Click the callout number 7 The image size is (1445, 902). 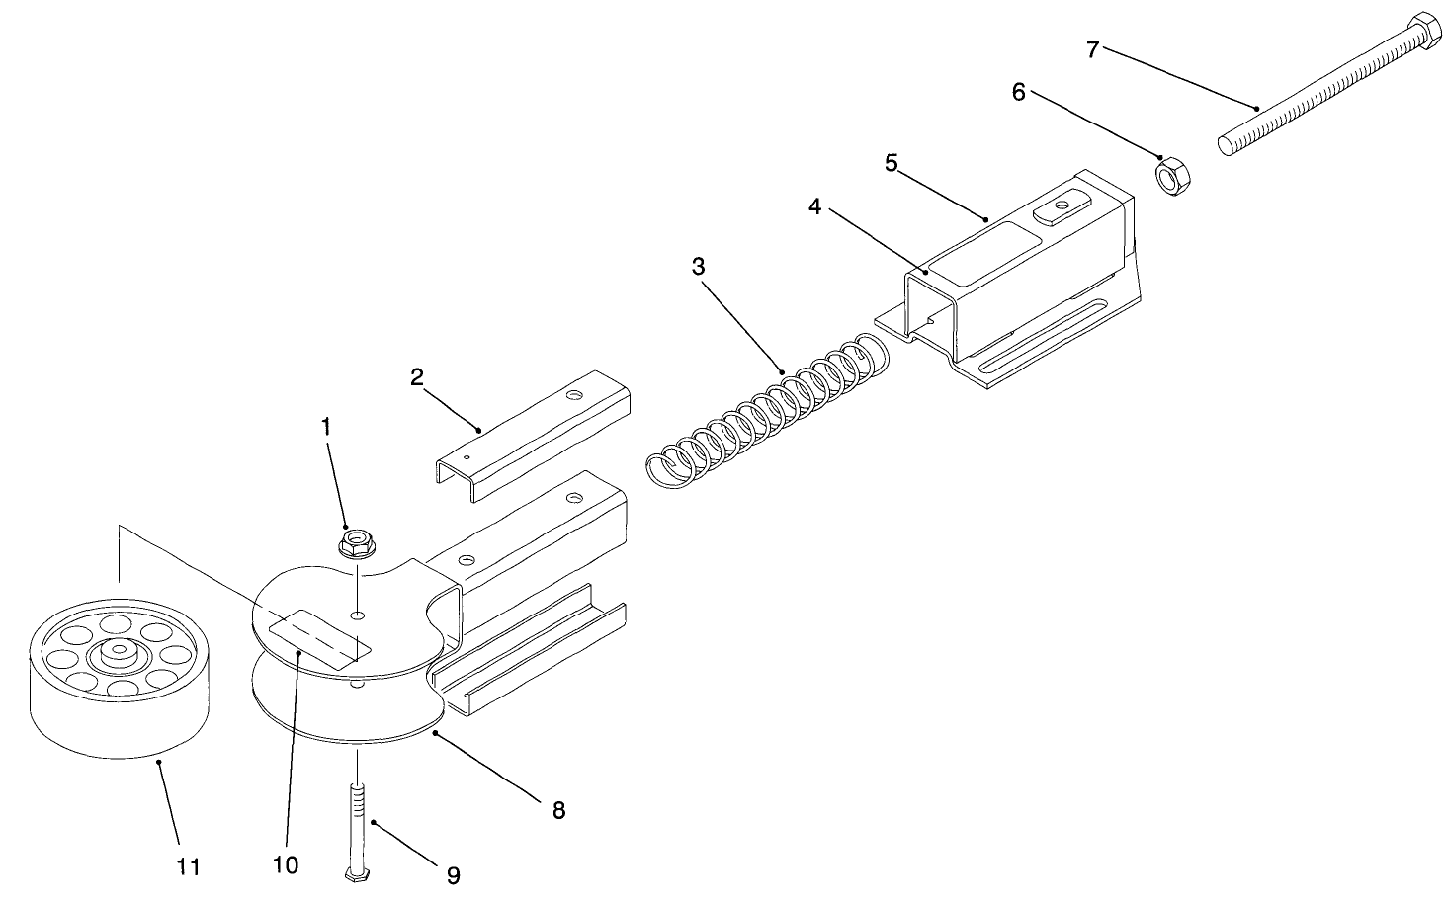point(1092,48)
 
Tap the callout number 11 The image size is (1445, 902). point(188,866)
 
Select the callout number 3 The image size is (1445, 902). point(698,266)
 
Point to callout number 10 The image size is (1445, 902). point(285,864)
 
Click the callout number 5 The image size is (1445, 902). point(891,163)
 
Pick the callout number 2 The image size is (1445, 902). point(417,376)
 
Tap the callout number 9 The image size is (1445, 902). point(453,874)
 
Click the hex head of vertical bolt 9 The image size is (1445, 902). point(358,874)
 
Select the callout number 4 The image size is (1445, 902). point(814,206)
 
